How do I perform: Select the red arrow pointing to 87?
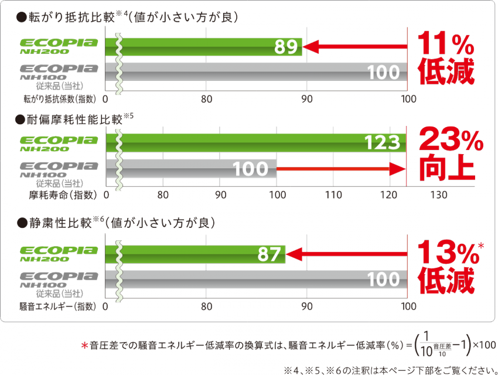tap(346, 254)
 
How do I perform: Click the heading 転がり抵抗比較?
tap(70, 18)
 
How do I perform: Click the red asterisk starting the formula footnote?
tap(84, 345)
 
